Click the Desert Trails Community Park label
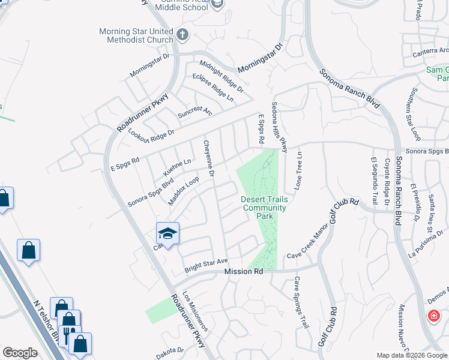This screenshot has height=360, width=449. click(264, 208)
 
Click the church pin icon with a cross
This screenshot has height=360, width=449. click(183, 35)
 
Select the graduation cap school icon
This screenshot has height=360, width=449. click(168, 233)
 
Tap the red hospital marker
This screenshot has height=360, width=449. click(433, 316)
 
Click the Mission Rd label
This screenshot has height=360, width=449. click(244, 272)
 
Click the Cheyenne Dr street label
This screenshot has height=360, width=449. click(209, 159)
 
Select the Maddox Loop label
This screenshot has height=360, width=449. click(184, 191)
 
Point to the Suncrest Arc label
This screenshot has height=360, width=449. click(195, 109)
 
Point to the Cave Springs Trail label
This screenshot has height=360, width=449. click(301, 302)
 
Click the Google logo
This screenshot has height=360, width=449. click(20, 353)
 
